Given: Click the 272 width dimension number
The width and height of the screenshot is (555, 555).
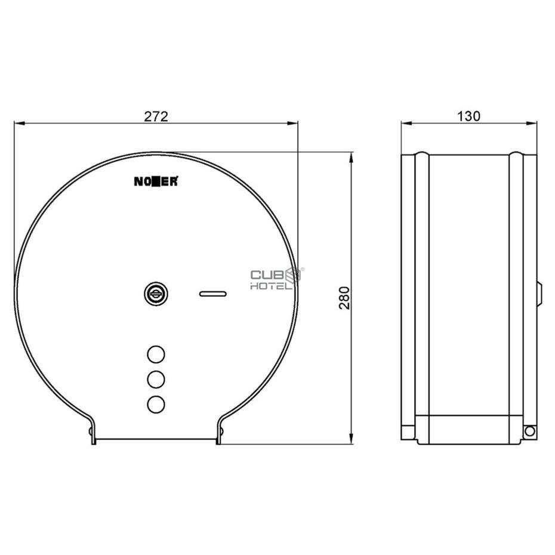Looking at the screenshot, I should click(x=156, y=116).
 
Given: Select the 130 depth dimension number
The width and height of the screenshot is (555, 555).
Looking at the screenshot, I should click(x=468, y=116).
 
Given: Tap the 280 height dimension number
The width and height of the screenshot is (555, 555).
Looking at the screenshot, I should click(x=344, y=297).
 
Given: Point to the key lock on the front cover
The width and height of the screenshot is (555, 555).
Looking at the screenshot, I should click(x=155, y=292).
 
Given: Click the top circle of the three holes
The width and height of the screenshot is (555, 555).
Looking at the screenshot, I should click(x=156, y=354).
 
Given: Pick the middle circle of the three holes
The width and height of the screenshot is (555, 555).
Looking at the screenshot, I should click(x=156, y=379).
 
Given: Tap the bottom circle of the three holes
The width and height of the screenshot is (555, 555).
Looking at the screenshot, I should click(x=156, y=404).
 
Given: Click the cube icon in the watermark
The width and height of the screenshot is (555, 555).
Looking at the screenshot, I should click(x=294, y=276).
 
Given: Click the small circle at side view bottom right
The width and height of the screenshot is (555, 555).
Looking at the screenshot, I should click(x=529, y=430).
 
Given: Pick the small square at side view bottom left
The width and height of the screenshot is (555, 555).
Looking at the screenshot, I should click(x=407, y=431).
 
